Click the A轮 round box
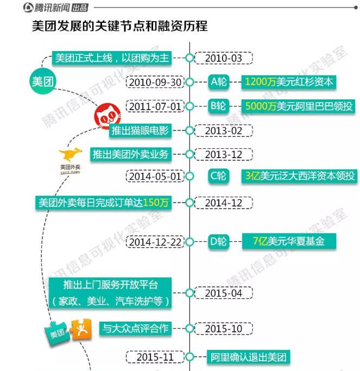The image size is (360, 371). click(218, 82)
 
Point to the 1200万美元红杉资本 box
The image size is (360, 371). click(288, 82)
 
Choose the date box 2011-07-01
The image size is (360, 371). click(154, 106)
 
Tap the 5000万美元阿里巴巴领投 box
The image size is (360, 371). click(299, 106)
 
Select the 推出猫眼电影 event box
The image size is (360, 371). click(141, 130)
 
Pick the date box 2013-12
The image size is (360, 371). click(223, 155)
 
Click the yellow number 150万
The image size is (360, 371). click(157, 203)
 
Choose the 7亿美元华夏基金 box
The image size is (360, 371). click(288, 242)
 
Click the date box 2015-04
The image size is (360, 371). click(223, 293)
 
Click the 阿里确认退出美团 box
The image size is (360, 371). click(248, 357)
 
